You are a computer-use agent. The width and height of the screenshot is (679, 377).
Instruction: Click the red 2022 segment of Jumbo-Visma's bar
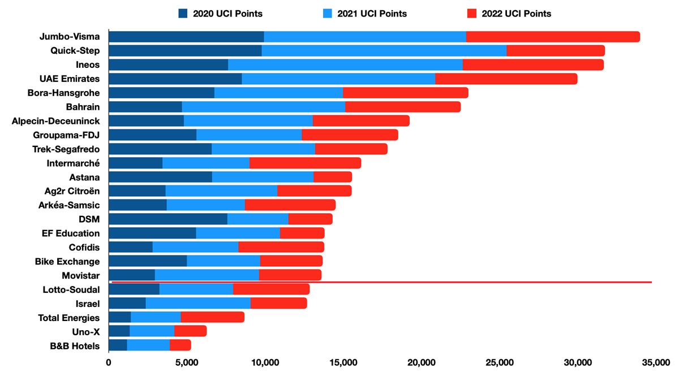pos(553,37)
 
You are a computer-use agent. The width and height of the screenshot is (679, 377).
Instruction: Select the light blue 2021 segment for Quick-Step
pos(384,51)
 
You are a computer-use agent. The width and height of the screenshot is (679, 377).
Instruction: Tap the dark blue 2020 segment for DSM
pos(167,219)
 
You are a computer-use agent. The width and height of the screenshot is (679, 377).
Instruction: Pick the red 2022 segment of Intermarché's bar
pos(305,163)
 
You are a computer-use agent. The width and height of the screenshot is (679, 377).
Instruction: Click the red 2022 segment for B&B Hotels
pos(180,345)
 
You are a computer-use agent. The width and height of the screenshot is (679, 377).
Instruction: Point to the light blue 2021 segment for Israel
pos(198,303)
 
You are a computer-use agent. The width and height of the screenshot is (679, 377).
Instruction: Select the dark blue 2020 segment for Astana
pos(160,177)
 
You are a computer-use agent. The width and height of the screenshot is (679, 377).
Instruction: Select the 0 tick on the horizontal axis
pos(109,362)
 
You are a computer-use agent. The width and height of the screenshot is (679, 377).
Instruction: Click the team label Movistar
pos(80,275)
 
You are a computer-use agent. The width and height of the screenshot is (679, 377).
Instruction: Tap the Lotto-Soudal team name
pos(71,289)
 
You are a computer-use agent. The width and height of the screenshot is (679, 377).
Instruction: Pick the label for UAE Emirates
pos(72,79)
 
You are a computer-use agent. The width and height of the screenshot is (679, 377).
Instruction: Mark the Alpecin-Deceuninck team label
pos(55,121)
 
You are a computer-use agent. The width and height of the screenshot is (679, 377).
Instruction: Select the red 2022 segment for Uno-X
pos(190,331)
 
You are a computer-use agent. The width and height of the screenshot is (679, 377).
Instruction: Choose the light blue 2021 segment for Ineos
pos(345,64)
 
